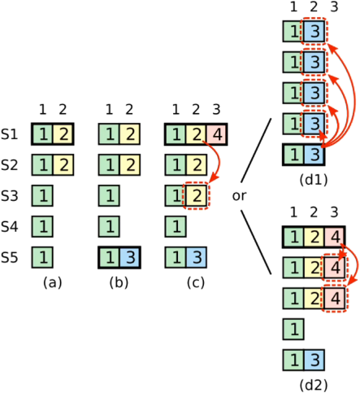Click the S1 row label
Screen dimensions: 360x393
pyautogui.click(x=9, y=134)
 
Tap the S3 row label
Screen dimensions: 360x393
pyautogui.click(x=9, y=196)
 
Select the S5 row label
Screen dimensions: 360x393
pyautogui.click(x=9, y=257)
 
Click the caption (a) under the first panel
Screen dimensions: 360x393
pyautogui.click(x=53, y=283)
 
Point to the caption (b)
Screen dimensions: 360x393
pyautogui.click(x=119, y=283)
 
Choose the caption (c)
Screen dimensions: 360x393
pyautogui.click(x=196, y=283)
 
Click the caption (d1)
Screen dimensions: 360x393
pyautogui.click(x=314, y=180)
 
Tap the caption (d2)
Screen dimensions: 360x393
pyautogui.click(x=314, y=385)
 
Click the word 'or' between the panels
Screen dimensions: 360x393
pyautogui.click(x=240, y=196)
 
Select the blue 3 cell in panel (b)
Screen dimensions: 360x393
pyautogui.click(x=130, y=257)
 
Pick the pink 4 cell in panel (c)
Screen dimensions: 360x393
pyautogui.click(x=217, y=134)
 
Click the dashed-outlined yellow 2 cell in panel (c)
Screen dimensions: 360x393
pyautogui.click(x=197, y=196)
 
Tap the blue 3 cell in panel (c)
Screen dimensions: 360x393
pyautogui.click(x=197, y=257)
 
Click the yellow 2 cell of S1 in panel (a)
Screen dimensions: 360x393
pyautogui.click(x=63, y=134)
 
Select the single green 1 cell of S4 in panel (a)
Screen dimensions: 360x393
pyautogui.click(x=42, y=226)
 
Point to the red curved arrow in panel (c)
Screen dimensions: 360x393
pyautogui.click(x=219, y=160)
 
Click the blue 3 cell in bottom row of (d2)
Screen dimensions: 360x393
pyautogui.click(x=314, y=360)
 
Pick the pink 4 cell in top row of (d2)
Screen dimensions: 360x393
pyautogui.click(x=335, y=237)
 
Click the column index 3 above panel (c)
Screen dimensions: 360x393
pyautogui.click(x=216, y=110)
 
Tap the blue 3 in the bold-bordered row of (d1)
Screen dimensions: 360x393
pyautogui.click(x=314, y=155)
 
